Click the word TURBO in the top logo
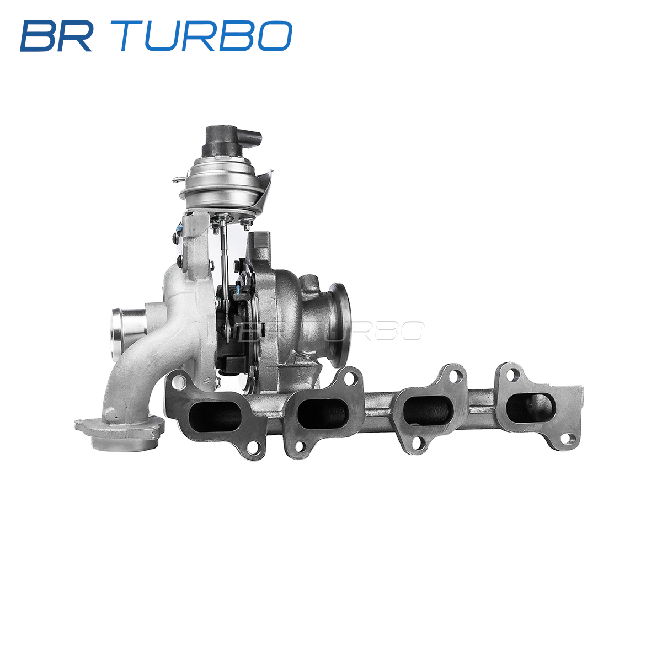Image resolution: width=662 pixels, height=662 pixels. click(205, 36)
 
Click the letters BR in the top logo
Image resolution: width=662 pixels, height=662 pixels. click(57, 36)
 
